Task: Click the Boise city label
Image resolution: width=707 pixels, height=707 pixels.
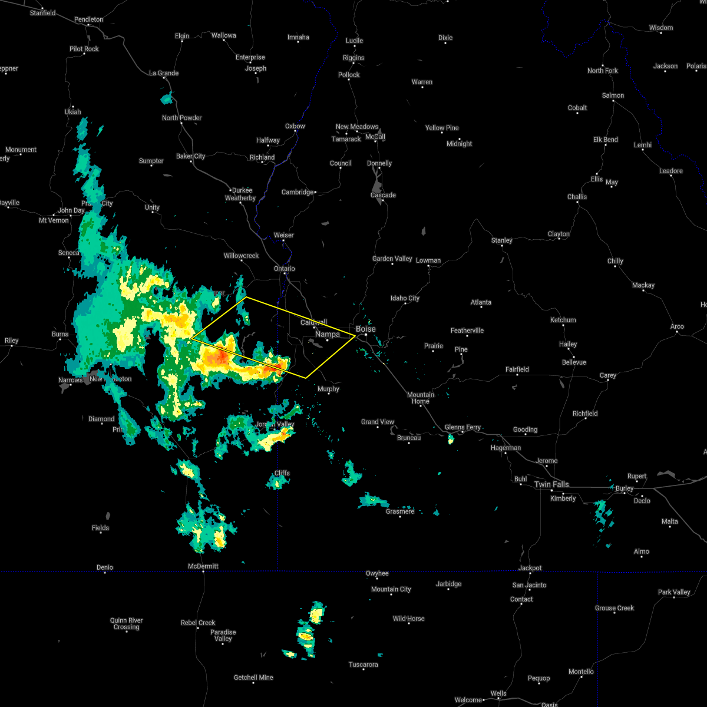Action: tap(365, 329)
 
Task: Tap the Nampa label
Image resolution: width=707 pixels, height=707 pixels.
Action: tap(328, 334)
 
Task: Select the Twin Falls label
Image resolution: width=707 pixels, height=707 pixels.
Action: tap(551, 484)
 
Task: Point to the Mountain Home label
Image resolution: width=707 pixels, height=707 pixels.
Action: tap(421, 398)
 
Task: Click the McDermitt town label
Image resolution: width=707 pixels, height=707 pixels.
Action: tap(203, 566)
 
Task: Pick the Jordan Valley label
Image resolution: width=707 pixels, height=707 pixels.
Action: tap(275, 424)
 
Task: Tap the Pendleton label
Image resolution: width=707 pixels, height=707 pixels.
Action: tap(88, 19)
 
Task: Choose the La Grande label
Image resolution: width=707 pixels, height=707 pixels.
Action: tap(164, 73)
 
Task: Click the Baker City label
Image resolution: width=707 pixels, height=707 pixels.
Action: tap(191, 156)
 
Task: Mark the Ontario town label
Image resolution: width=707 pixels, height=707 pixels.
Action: tap(285, 269)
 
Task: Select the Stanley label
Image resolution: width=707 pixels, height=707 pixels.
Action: tap(502, 240)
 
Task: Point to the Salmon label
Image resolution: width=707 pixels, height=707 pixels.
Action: tap(613, 95)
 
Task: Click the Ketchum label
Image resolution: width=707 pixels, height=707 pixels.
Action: tap(563, 320)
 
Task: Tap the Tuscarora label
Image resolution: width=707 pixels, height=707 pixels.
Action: tap(363, 665)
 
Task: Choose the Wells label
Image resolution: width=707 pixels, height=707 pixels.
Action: tap(498, 693)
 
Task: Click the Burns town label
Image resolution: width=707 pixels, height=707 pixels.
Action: tap(60, 334)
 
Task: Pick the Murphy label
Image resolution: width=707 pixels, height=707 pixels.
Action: tap(328, 389)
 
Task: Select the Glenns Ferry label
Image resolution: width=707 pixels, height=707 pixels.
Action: tap(463, 427)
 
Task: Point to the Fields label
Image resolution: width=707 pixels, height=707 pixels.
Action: tap(100, 528)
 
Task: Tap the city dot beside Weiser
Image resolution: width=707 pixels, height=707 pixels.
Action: tap(283, 242)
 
